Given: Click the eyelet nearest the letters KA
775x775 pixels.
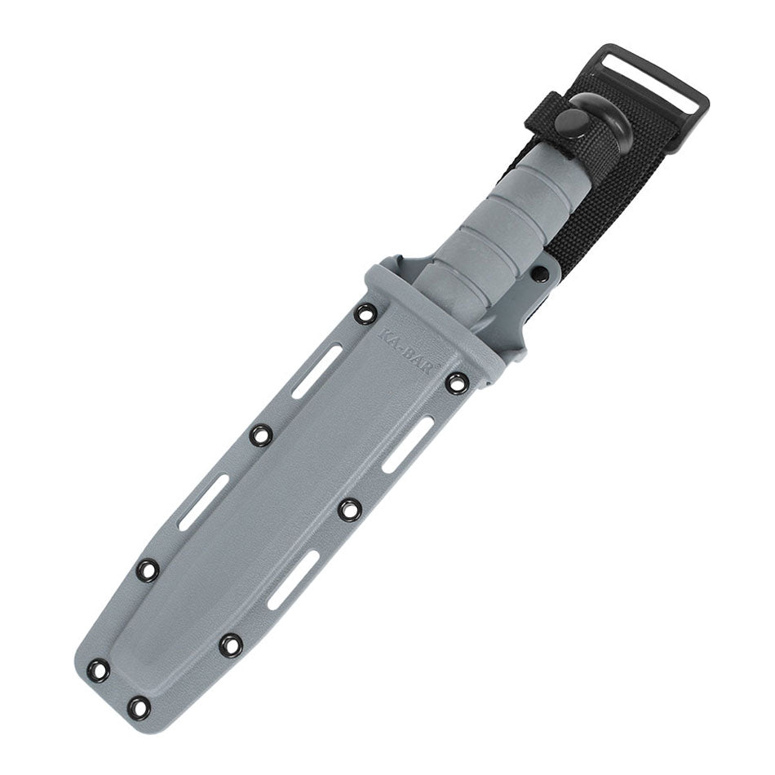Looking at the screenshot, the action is pos(366,312).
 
